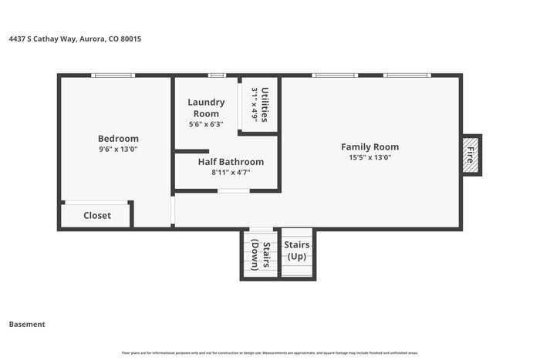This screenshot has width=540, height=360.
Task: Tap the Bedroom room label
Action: point(118,139)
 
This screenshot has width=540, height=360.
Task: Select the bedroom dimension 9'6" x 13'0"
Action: point(118,150)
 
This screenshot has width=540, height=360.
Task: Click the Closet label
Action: point(97,216)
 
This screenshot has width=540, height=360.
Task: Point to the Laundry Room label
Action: point(206,108)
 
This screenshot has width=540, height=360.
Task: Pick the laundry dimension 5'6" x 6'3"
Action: point(206,124)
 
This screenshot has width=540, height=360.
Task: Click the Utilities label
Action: point(265,104)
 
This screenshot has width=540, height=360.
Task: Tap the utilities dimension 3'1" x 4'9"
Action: point(255,104)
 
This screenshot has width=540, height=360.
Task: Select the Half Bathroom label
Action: point(231,162)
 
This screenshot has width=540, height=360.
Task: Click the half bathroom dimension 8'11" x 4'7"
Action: point(231,173)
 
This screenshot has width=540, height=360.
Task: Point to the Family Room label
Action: point(370,146)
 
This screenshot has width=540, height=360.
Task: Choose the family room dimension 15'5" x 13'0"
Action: point(370,157)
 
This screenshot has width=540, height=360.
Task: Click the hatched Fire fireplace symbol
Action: point(470,155)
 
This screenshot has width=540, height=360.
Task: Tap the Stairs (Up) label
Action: point(297,250)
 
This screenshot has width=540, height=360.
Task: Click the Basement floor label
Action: point(27,325)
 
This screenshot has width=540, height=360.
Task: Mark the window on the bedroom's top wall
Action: point(113,76)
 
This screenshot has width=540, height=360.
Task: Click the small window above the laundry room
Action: point(217,76)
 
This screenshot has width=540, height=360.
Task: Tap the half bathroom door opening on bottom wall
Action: point(233,190)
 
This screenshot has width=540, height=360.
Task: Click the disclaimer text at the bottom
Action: point(270,353)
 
